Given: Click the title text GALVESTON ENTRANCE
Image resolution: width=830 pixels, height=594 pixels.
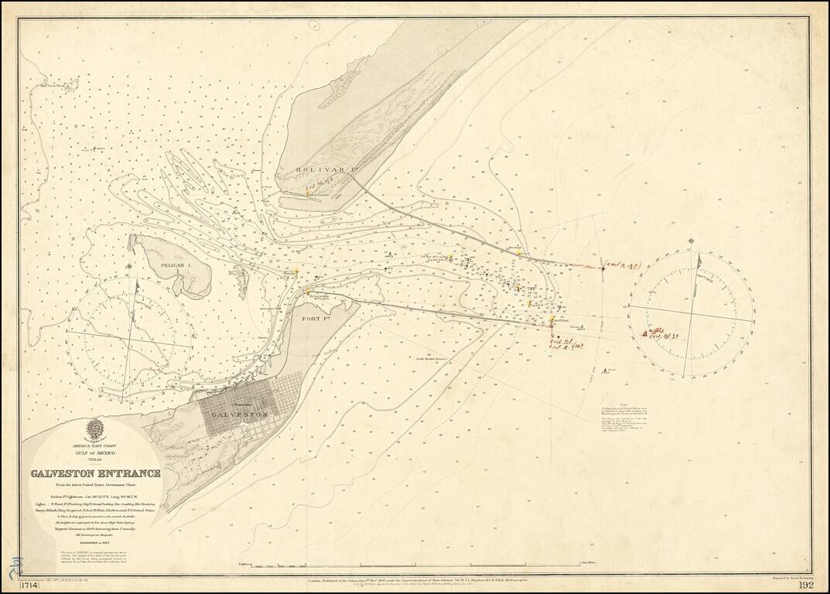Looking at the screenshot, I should pos(96,473).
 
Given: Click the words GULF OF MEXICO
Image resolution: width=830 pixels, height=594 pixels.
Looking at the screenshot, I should pos(95,453).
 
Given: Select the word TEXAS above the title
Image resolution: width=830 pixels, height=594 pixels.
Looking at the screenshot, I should pos(95,461).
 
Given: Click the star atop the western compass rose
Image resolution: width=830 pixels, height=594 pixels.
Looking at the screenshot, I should pos(128,267).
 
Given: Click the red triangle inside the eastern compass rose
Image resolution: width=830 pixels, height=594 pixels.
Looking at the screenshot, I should pos(645,333).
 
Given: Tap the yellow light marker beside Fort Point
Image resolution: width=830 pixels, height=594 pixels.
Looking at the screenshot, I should pos(306,292).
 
